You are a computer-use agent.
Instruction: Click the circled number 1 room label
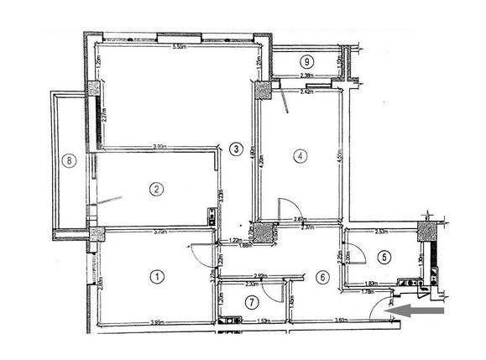coord(157,275)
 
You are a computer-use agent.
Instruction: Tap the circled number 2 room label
coord(156,189)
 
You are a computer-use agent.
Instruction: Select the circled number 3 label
coord(237,149)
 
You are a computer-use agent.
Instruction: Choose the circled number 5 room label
coord(384,258)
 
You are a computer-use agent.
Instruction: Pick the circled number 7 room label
coord(251,301)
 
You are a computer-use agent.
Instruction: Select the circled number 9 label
coord(308,61)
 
